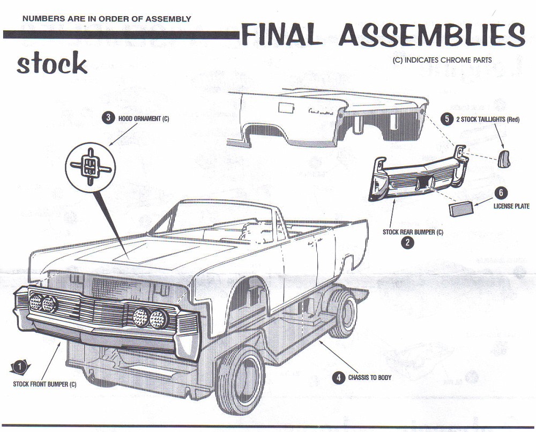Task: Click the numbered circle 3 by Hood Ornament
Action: click(x=109, y=118)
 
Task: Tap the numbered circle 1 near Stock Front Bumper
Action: click(x=19, y=367)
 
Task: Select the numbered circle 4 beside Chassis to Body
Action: click(x=338, y=377)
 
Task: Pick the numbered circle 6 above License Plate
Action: click(x=502, y=193)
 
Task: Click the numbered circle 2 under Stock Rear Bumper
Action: click(x=408, y=243)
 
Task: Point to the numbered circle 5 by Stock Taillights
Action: click(x=447, y=119)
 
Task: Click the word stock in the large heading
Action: click(x=51, y=64)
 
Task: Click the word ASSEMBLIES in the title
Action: click(x=431, y=36)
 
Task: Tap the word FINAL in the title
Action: click(x=281, y=36)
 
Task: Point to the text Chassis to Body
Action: click(x=370, y=377)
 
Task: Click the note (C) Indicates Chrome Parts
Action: click(x=442, y=61)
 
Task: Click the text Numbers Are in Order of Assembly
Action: click(x=107, y=19)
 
